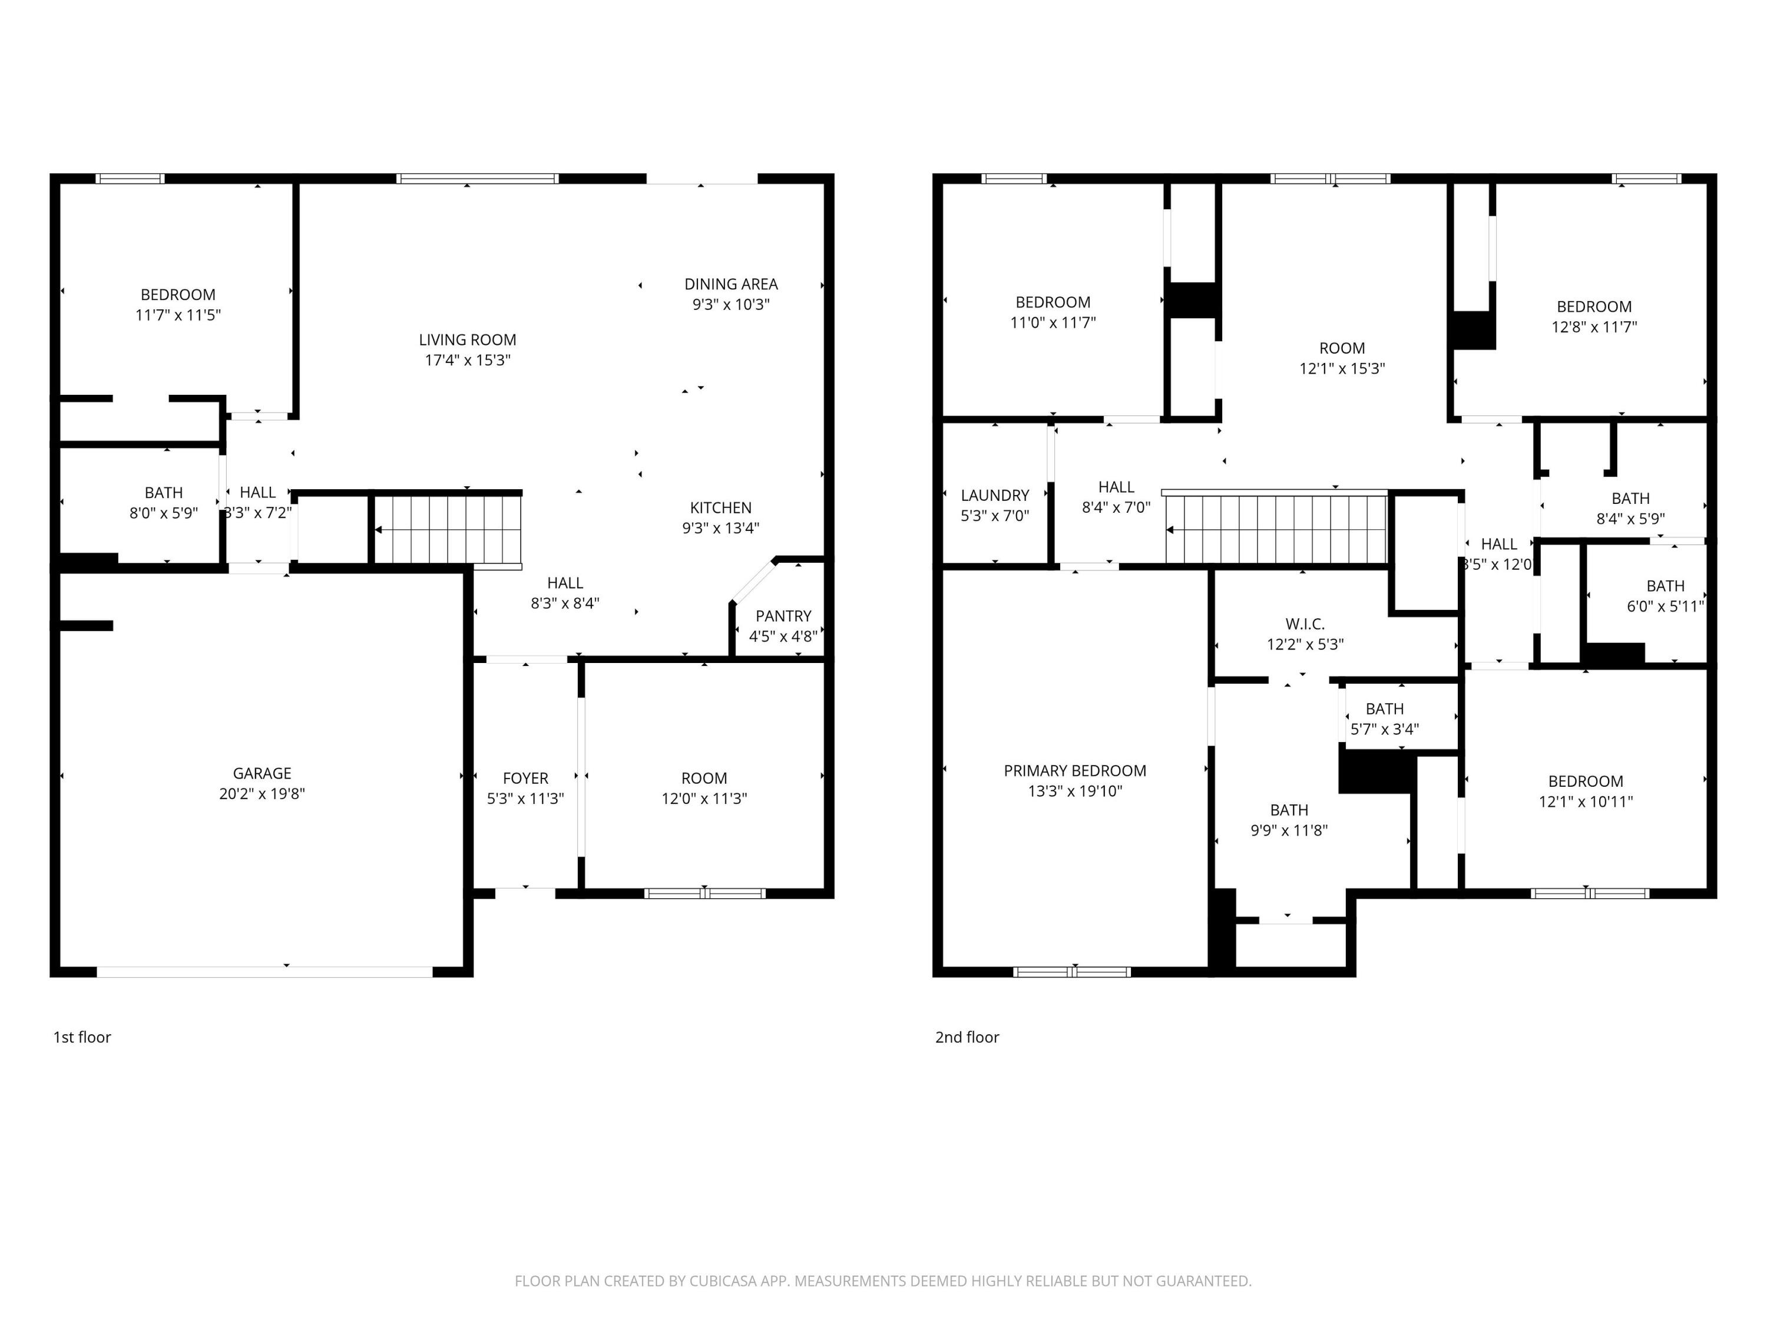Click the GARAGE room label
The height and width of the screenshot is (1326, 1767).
262,773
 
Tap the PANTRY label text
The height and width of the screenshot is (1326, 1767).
783,615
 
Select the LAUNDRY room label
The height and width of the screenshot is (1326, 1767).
995,495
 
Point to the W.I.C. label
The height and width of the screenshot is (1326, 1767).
1305,624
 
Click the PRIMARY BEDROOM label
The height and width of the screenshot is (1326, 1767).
1074,770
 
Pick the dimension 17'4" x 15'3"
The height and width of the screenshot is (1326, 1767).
467,359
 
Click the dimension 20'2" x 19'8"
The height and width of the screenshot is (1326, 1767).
262,794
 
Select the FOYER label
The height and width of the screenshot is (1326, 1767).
525,778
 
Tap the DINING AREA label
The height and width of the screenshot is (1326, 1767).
730,283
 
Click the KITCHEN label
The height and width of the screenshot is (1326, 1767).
720,507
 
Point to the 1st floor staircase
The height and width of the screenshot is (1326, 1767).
447,529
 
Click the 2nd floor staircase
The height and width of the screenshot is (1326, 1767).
1276,529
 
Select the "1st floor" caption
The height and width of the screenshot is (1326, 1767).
81,1037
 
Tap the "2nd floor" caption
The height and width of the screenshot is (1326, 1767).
967,1037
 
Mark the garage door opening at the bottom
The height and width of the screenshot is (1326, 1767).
264,972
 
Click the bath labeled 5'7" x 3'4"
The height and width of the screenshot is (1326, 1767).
1384,718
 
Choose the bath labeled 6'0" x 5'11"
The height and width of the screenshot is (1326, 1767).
1665,595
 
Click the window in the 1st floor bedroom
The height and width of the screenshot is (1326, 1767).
130,178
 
